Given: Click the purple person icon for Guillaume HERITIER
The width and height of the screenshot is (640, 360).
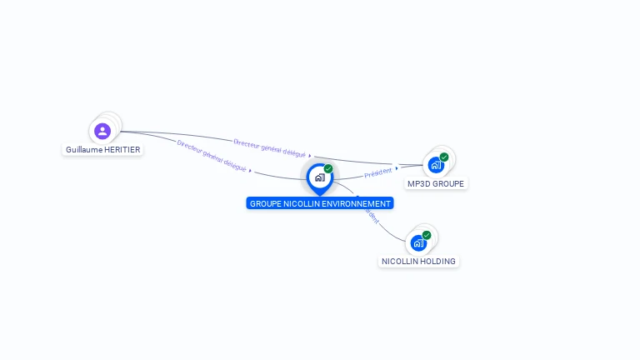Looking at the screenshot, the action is pos(102,131).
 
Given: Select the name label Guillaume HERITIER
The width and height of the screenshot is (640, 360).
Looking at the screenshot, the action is pos(103,150).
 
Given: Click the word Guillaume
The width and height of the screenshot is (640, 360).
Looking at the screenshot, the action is pos(83,150).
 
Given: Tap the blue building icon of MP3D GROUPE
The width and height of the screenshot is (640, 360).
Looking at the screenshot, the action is pos(436,165).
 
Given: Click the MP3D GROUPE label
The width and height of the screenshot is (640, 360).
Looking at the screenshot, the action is pos(436,183).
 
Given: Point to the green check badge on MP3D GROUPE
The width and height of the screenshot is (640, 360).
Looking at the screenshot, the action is pos(444,157).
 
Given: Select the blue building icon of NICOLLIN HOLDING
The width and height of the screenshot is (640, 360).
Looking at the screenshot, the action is pos(418,243).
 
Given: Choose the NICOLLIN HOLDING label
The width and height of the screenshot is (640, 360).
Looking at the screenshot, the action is pos(418,261).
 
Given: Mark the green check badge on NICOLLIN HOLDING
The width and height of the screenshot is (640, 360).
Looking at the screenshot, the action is pos(427,235).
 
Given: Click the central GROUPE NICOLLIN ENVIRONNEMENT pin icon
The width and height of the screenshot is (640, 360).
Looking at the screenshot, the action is pos(319,177).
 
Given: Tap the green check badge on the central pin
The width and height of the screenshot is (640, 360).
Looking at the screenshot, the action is pos(328,169).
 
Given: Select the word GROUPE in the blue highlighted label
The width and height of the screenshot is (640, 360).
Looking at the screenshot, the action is pos(266,203).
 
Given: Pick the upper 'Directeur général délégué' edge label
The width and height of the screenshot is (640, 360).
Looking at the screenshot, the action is pos(269,148).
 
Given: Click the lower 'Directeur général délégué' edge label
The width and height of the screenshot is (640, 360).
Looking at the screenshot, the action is pos(212,156).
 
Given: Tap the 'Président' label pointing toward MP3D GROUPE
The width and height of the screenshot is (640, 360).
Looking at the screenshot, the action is pos(377,172).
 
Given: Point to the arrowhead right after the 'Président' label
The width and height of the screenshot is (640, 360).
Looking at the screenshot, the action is pos(397,168).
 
